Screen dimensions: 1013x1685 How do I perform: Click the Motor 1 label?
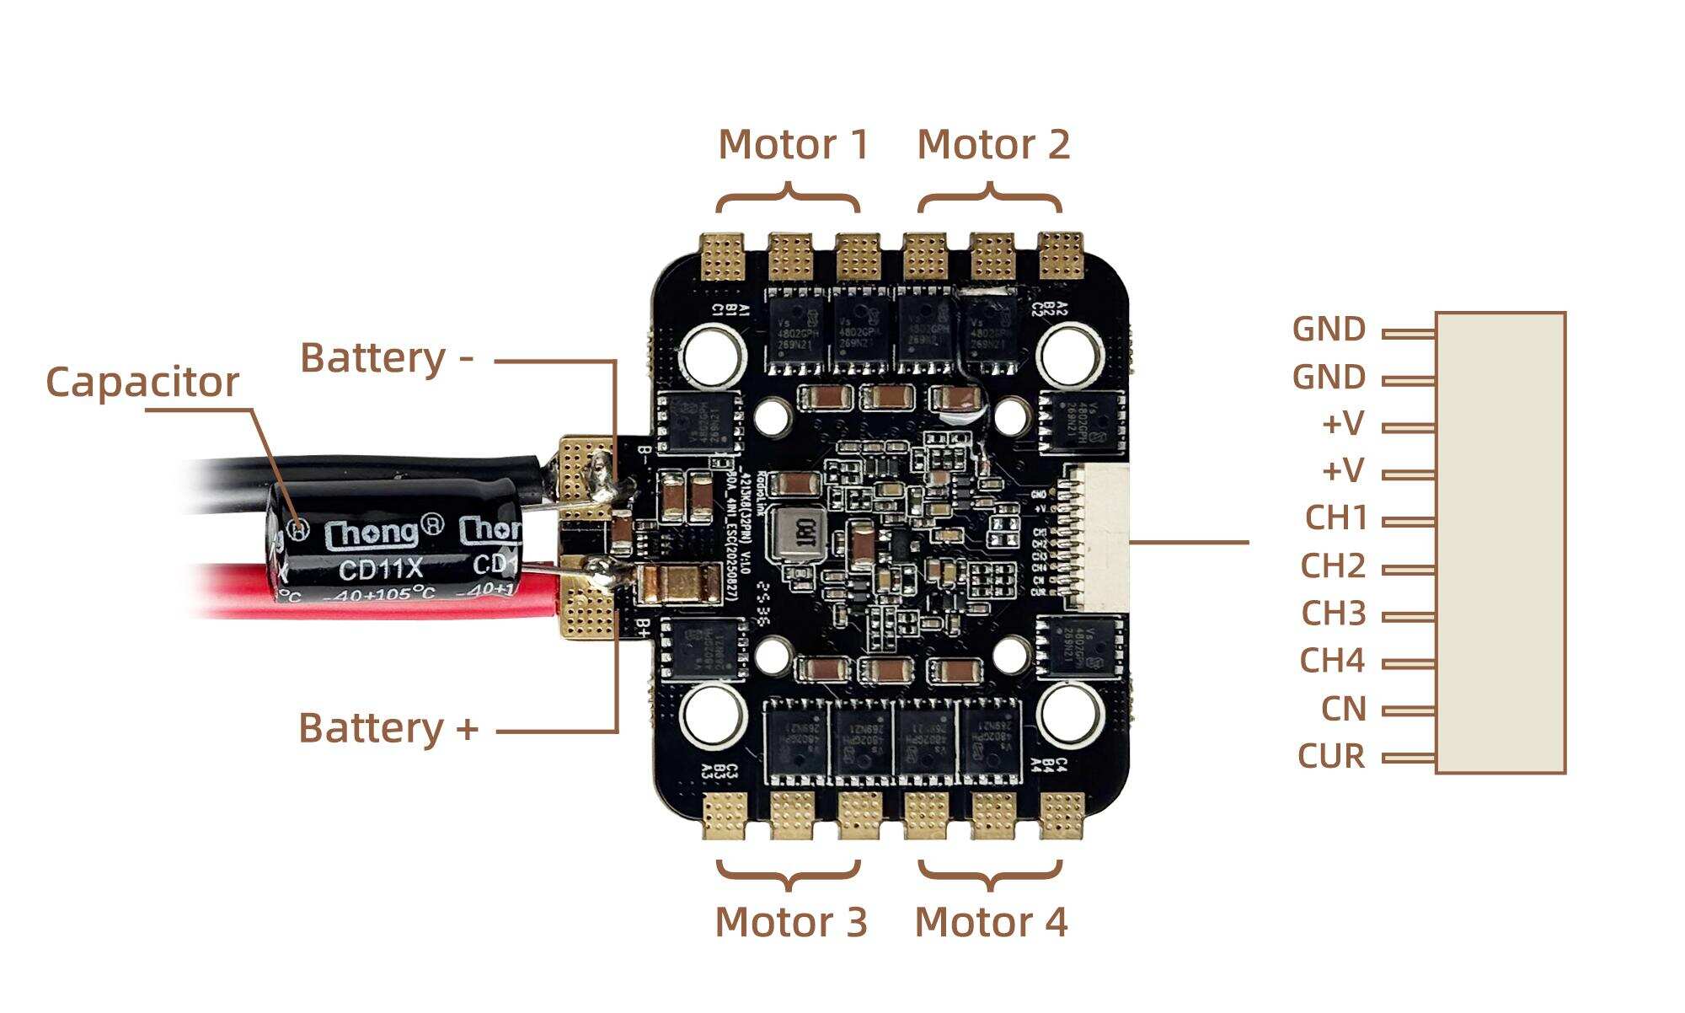793,145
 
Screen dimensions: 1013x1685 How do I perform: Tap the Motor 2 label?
992,145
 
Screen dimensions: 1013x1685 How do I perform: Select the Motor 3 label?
790,922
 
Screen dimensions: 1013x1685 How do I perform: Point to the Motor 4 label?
991,922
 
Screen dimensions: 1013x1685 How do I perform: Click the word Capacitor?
142,382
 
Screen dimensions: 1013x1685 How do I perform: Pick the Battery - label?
387,358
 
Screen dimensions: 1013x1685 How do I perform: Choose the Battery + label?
388,728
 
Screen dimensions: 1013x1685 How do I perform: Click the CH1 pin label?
1335,517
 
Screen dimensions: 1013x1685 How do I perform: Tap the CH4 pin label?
1331,661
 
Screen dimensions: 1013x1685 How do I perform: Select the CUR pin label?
1331,756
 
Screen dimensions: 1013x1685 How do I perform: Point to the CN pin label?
1343,709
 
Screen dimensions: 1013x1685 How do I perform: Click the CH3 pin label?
1333,614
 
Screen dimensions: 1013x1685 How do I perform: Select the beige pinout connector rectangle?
1500,543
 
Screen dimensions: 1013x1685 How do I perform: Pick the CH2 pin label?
1332,565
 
